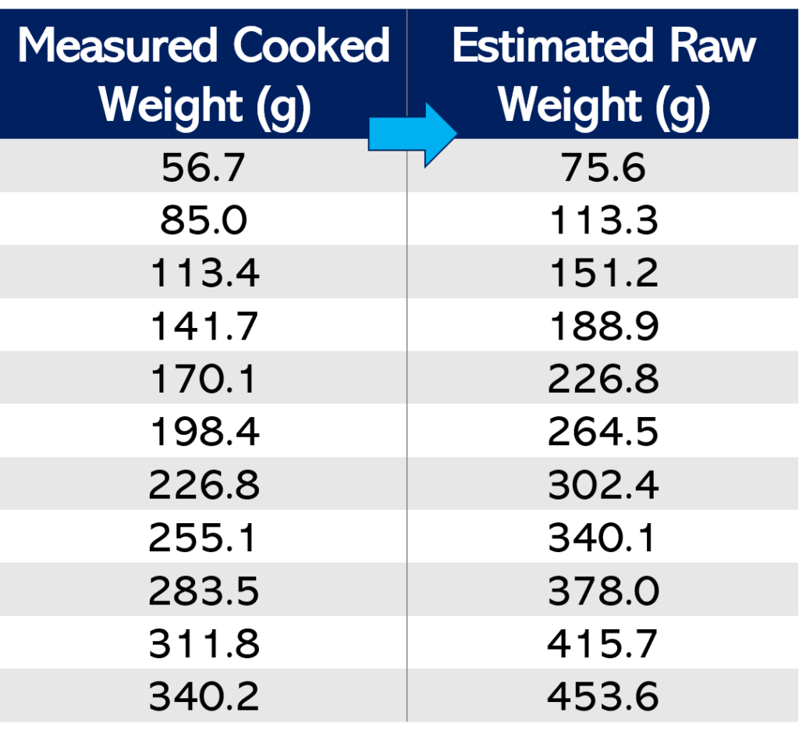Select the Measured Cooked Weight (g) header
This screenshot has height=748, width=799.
[x=204, y=75]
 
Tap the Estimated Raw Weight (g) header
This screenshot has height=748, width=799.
[x=603, y=75]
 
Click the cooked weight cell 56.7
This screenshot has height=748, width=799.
[x=204, y=167]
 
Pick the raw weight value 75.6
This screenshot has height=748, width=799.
[x=603, y=167]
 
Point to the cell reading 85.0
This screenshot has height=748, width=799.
[x=204, y=220]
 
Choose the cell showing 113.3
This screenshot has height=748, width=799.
[x=603, y=220]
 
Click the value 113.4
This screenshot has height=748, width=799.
[x=204, y=273]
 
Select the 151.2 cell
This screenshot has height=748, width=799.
[x=603, y=273]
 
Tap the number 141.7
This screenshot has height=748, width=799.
[x=204, y=326]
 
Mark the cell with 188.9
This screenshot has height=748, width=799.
[x=603, y=326]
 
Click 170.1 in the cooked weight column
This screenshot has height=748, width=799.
[x=204, y=379]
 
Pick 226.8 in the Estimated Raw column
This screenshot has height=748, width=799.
[x=603, y=379]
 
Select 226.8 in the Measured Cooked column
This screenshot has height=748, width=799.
[x=204, y=485]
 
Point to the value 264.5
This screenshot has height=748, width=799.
[x=603, y=432]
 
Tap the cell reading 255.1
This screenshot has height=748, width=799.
[x=204, y=538]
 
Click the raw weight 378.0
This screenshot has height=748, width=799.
[x=603, y=591]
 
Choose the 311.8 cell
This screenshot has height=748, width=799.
[x=204, y=644]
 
